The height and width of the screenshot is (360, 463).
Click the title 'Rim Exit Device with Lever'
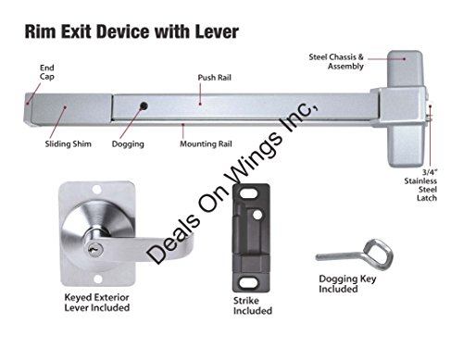131,31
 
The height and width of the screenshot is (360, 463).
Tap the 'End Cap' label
47,72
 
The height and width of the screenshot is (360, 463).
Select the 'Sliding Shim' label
69,144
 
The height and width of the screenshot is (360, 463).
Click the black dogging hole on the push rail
144,106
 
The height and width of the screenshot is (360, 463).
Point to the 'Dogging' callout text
128,144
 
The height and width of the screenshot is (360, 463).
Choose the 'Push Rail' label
215,78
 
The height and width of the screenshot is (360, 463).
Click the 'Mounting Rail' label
206,144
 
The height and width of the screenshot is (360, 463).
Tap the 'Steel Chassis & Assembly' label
336,62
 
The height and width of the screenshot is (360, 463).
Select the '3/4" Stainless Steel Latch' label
420,185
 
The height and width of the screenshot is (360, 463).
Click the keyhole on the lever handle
92,249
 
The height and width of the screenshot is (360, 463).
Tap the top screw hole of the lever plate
97,190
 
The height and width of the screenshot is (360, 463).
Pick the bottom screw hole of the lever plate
98,279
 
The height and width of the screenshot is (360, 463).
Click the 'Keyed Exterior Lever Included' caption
97,303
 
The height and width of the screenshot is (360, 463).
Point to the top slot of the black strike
249,194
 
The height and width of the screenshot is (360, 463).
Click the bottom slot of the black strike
249,282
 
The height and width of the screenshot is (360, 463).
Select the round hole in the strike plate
257,215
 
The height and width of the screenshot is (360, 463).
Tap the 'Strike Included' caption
253,305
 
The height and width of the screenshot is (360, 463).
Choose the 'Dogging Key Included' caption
347,284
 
